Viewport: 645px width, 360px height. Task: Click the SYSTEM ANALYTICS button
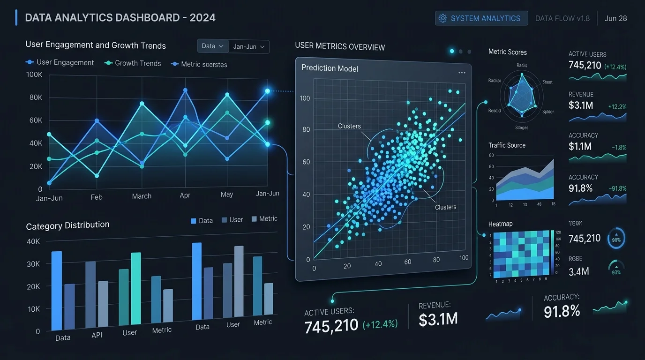(x=481, y=18)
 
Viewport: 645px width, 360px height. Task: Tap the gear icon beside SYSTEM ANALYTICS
(x=442, y=18)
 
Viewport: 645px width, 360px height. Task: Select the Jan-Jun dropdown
(x=249, y=46)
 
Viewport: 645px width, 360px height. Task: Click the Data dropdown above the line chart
(x=212, y=46)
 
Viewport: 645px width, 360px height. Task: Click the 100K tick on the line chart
(x=34, y=75)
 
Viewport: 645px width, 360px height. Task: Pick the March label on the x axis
(x=142, y=196)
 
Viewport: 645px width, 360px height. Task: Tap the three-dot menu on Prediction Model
(x=462, y=73)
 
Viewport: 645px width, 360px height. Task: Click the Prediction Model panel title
(x=330, y=68)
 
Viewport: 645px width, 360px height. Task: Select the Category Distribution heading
(x=67, y=226)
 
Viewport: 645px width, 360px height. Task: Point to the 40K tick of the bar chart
(x=33, y=241)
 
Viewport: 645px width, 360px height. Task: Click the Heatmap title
(x=500, y=224)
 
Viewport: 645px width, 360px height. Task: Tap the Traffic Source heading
(x=507, y=145)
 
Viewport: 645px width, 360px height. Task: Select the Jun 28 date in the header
(x=615, y=18)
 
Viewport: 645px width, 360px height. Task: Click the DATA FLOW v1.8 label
(x=562, y=18)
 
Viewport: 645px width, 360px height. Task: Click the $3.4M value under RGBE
(x=578, y=271)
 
